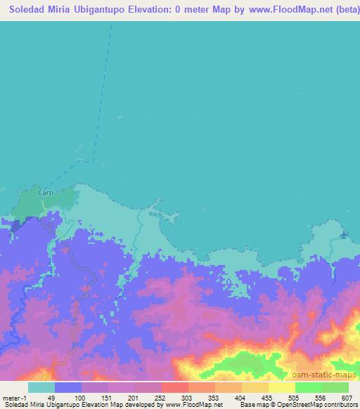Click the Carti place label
tap(45, 192)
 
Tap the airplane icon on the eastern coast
tap(343, 235)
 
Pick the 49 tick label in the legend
tap(50, 398)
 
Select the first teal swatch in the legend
tap(41, 387)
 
